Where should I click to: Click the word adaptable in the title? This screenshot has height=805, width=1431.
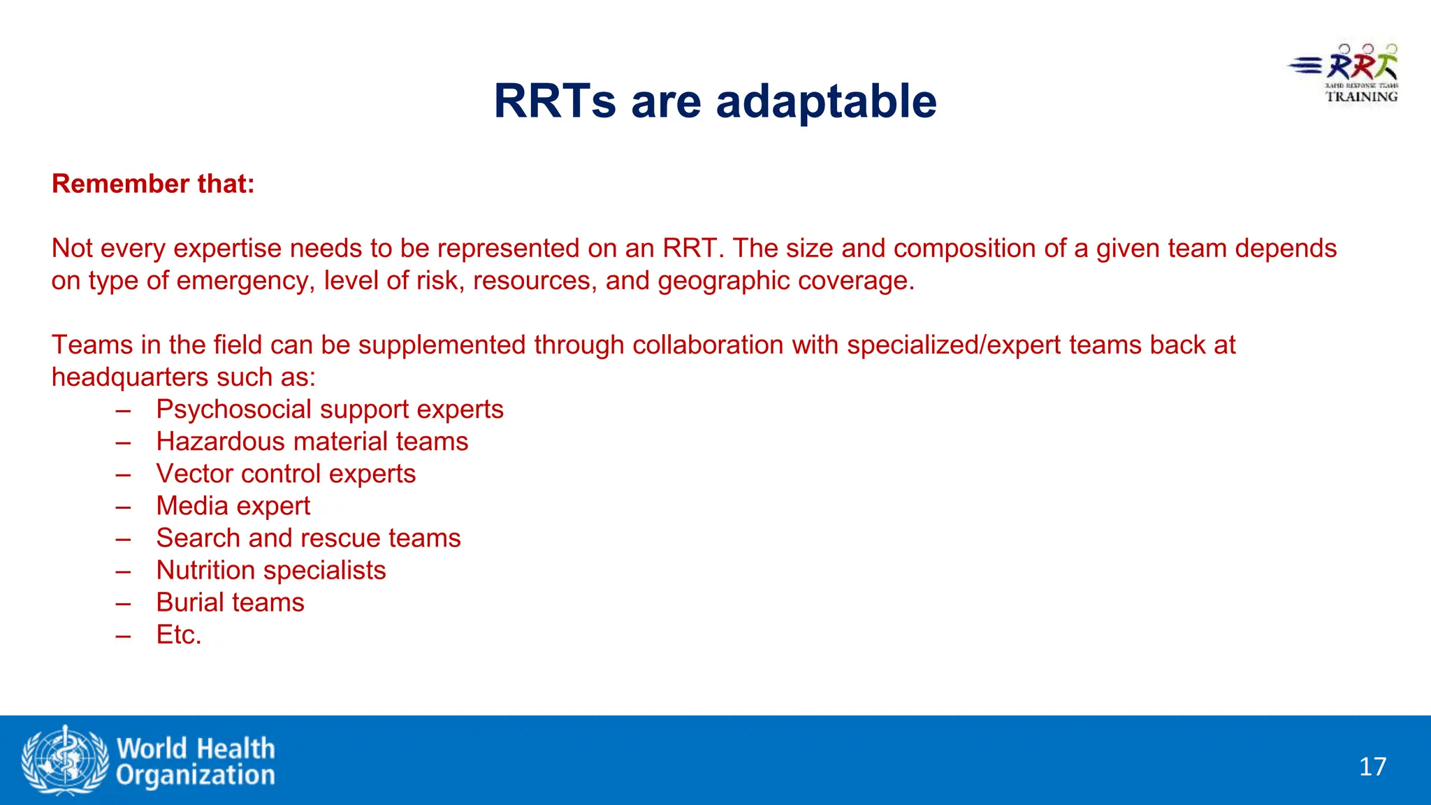pyautogui.click(x=826, y=102)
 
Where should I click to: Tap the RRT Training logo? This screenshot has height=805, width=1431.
pyautogui.click(x=1345, y=74)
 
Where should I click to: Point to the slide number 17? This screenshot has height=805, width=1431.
pyautogui.click(x=1372, y=767)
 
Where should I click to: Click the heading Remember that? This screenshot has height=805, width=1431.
pyautogui.click(x=153, y=184)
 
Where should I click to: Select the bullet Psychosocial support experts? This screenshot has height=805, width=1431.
pyautogui.click(x=329, y=409)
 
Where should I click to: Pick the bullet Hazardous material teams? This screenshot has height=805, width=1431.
pyautogui.click(x=312, y=442)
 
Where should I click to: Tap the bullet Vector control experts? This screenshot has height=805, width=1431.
pyautogui.click(x=286, y=474)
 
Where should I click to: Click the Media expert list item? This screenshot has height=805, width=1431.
pyautogui.click(x=233, y=506)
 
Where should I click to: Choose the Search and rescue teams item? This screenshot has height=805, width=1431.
pyautogui.click(x=308, y=538)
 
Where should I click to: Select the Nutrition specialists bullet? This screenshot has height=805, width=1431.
pyautogui.click(x=270, y=570)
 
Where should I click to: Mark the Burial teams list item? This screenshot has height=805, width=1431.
pyautogui.click(x=230, y=602)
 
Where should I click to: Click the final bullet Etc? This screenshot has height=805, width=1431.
pyautogui.click(x=179, y=634)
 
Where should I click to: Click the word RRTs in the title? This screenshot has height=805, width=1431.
pyautogui.click(x=555, y=102)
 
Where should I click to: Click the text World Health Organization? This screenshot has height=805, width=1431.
pyautogui.click(x=196, y=762)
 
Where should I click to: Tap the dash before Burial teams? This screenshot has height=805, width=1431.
pyautogui.click(x=124, y=602)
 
